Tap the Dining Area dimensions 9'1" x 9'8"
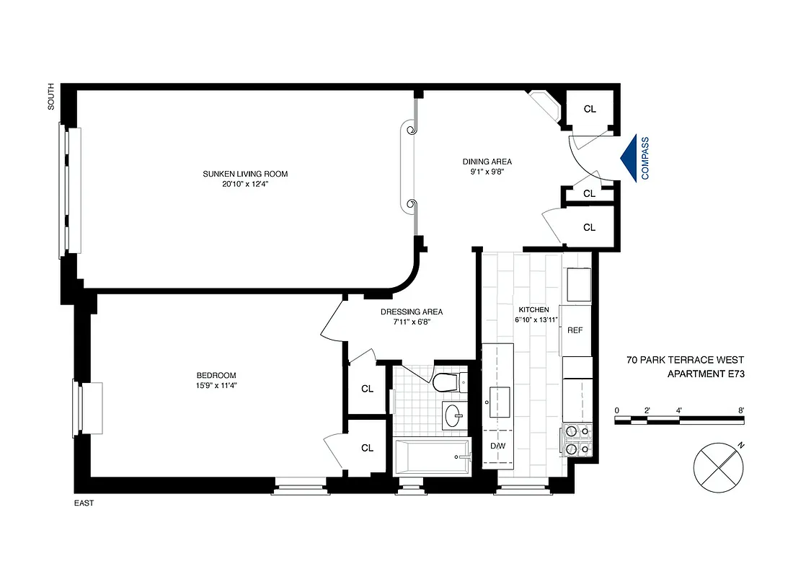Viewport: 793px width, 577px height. (487, 172)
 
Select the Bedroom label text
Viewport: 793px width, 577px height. (216, 375)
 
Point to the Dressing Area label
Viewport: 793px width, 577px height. (412, 312)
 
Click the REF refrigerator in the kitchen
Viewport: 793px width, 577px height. (575, 330)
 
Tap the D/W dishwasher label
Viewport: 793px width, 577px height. (497, 445)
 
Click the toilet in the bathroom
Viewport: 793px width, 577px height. (447, 382)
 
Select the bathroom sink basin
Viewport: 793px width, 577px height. (455, 415)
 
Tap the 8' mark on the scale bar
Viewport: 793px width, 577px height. (741, 410)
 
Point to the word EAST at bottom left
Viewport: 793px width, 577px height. (84, 503)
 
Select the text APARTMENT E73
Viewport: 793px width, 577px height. (705, 373)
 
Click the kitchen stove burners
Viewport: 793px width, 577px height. (577, 441)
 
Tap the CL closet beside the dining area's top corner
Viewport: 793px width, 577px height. (590, 110)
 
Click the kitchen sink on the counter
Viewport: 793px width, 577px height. (499, 401)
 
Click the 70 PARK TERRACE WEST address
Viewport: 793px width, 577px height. (685, 359)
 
